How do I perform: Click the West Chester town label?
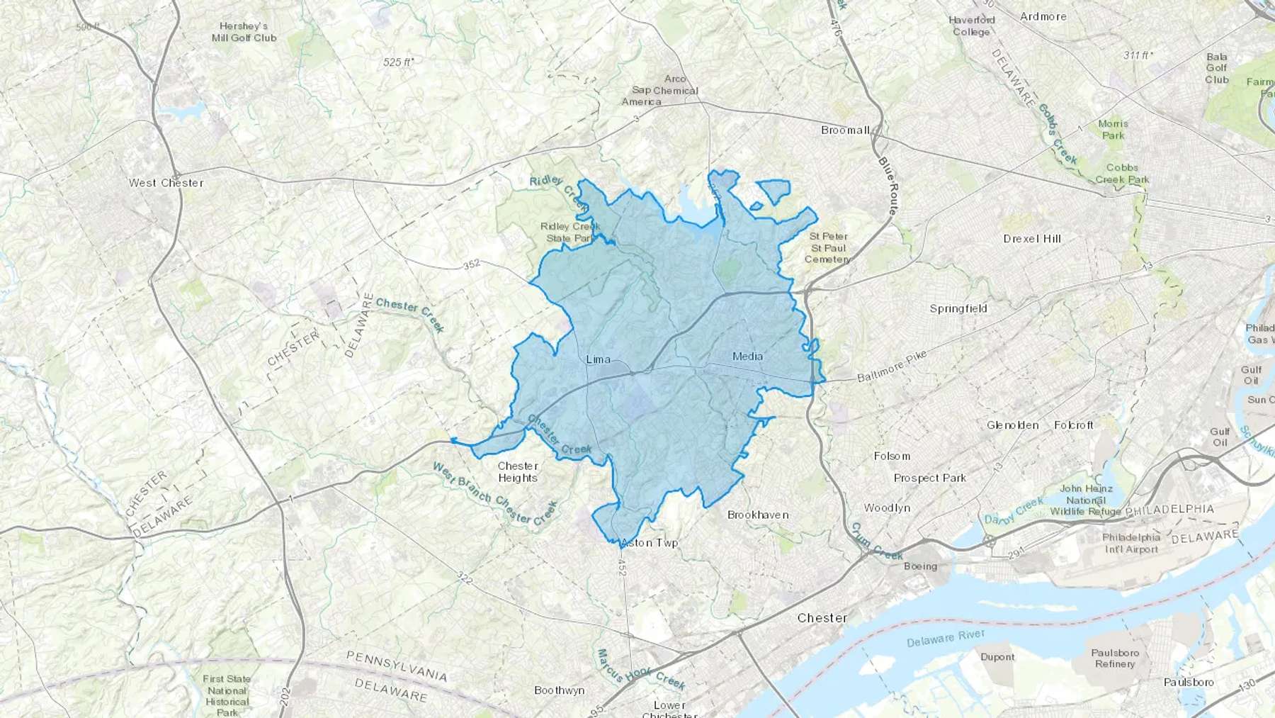point(166,183)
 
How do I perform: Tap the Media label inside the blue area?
point(747,356)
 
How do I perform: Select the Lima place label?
point(598,359)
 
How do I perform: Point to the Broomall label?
point(845,130)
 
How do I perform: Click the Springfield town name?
point(958,309)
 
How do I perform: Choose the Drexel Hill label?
point(1032,239)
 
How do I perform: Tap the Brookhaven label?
point(758,515)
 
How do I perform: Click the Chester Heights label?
point(518,472)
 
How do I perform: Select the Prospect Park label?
point(929,478)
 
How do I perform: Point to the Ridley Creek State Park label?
point(570,232)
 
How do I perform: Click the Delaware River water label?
point(945,639)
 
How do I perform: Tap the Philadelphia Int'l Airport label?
point(1130,543)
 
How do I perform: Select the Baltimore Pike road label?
point(891,366)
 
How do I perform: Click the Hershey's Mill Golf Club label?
point(244,32)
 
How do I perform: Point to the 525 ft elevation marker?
point(399,62)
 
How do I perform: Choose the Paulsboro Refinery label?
point(1114,658)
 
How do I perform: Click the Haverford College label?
point(971,26)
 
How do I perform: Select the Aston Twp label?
point(649,543)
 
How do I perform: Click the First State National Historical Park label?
point(227,695)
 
